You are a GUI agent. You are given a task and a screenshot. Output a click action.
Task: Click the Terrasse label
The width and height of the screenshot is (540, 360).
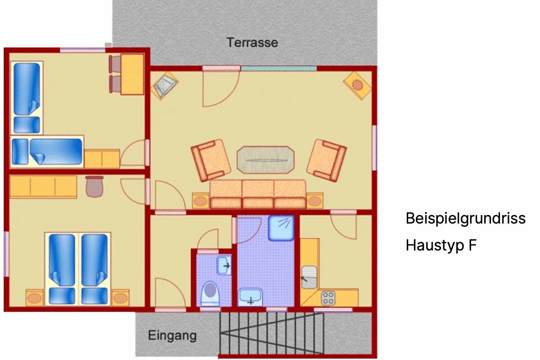[x=252, y=43]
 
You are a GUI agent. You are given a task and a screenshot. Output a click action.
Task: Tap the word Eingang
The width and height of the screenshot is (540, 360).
[x=172, y=336]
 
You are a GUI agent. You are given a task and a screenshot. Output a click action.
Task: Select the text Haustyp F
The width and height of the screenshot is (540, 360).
[x=441, y=245]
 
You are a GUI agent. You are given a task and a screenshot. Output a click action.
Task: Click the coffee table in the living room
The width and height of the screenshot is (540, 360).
[x=265, y=160]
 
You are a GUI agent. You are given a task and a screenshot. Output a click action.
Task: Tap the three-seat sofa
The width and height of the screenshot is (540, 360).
[x=258, y=194]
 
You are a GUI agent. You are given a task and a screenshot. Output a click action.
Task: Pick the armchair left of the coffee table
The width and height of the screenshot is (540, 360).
[x=211, y=160]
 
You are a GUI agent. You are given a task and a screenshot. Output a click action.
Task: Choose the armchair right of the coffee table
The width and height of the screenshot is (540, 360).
[x=327, y=160]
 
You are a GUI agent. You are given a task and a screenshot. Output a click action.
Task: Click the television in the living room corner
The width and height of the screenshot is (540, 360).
[x=164, y=85]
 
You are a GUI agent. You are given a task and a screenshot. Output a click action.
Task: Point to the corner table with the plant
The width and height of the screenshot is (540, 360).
[x=357, y=85]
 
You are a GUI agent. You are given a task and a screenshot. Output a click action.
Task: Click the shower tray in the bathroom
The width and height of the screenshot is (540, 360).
[x=281, y=228]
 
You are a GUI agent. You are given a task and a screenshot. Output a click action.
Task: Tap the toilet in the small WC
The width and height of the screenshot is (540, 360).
[x=211, y=294]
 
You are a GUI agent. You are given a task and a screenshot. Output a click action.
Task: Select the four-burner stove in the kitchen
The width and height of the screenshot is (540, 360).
[x=328, y=298]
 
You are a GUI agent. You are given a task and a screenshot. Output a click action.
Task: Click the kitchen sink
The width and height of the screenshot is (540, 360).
[x=309, y=277]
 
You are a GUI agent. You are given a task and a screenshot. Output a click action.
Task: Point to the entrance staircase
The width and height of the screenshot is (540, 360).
[x=272, y=333]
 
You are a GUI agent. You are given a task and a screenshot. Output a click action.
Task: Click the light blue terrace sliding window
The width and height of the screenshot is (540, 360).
[x=279, y=68]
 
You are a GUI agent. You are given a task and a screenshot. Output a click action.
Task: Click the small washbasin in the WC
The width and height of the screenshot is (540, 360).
[x=224, y=265]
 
